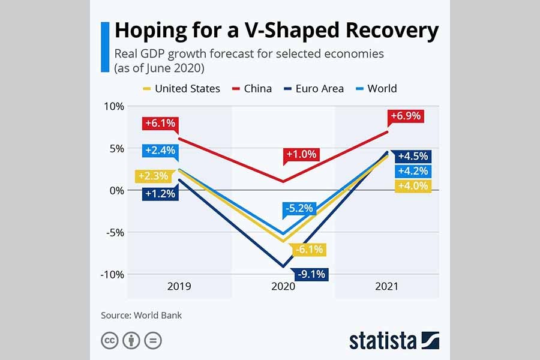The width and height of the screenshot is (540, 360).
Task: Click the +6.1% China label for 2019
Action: point(160,124)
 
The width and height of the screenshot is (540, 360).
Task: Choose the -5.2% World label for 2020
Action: point(298,209)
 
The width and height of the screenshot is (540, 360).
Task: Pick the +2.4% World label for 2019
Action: point(160,150)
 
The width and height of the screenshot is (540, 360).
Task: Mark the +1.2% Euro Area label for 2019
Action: point(160,194)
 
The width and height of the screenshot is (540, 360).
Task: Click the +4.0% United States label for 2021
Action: point(413,186)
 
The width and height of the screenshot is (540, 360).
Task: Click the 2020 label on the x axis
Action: point(283,286)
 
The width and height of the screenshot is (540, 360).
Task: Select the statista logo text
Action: point(383,341)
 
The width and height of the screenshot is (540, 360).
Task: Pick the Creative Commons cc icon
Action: point(109,341)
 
